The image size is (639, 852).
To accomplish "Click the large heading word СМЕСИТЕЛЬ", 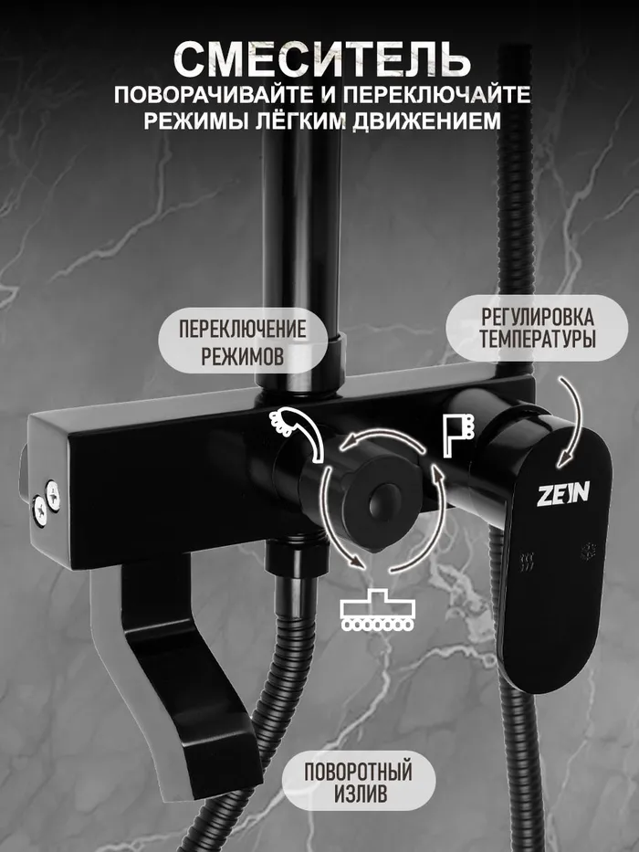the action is point(321,59).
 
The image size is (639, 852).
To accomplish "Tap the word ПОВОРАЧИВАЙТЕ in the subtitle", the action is point(214,95).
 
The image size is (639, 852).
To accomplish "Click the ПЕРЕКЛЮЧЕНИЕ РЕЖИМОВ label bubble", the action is point(242,342).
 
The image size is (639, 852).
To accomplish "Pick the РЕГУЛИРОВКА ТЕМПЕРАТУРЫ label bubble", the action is point(537,328).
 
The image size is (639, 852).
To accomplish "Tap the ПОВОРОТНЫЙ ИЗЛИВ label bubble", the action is point(358,780).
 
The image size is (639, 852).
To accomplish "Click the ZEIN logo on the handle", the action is point(563,494).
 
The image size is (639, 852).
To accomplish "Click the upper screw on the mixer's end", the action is point(53,495).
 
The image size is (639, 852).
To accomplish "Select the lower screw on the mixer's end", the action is point(39,510).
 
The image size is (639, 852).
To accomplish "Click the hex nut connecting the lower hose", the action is point(297,560).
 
